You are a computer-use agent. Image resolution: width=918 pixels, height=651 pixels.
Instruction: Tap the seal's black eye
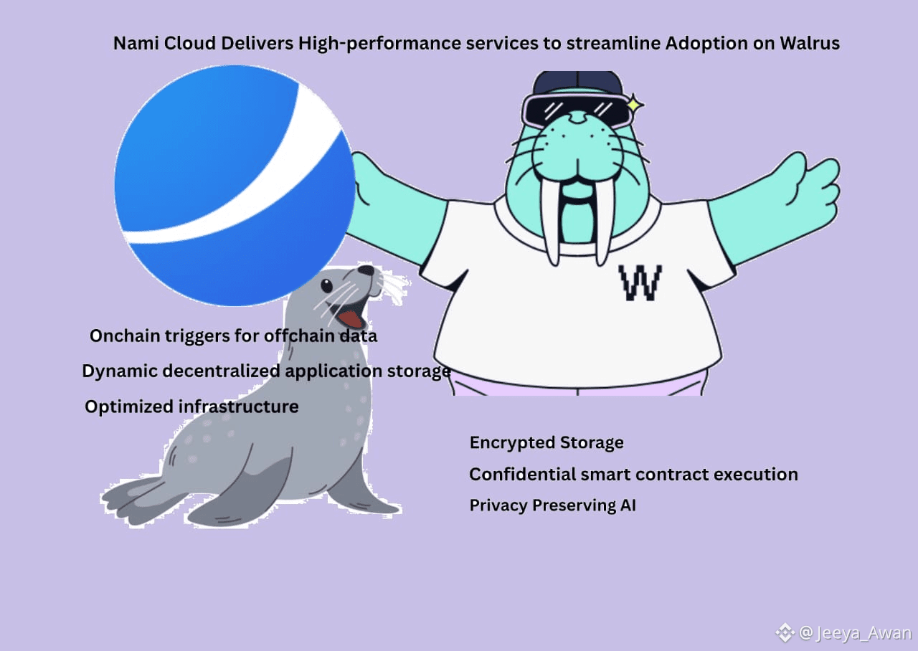coord(326,286)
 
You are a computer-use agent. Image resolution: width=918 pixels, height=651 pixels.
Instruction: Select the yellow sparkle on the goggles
coord(634,105)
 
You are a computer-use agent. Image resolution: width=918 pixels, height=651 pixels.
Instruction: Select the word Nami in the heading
coord(136,43)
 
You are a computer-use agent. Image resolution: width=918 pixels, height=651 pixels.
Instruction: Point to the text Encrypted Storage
coord(546,442)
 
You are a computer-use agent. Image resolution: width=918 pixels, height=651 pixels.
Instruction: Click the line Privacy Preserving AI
coord(552,505)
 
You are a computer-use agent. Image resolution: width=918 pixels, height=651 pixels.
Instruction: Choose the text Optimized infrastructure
coord(191,407)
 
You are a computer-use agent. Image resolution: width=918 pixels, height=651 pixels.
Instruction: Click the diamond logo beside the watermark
coord(785,632)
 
